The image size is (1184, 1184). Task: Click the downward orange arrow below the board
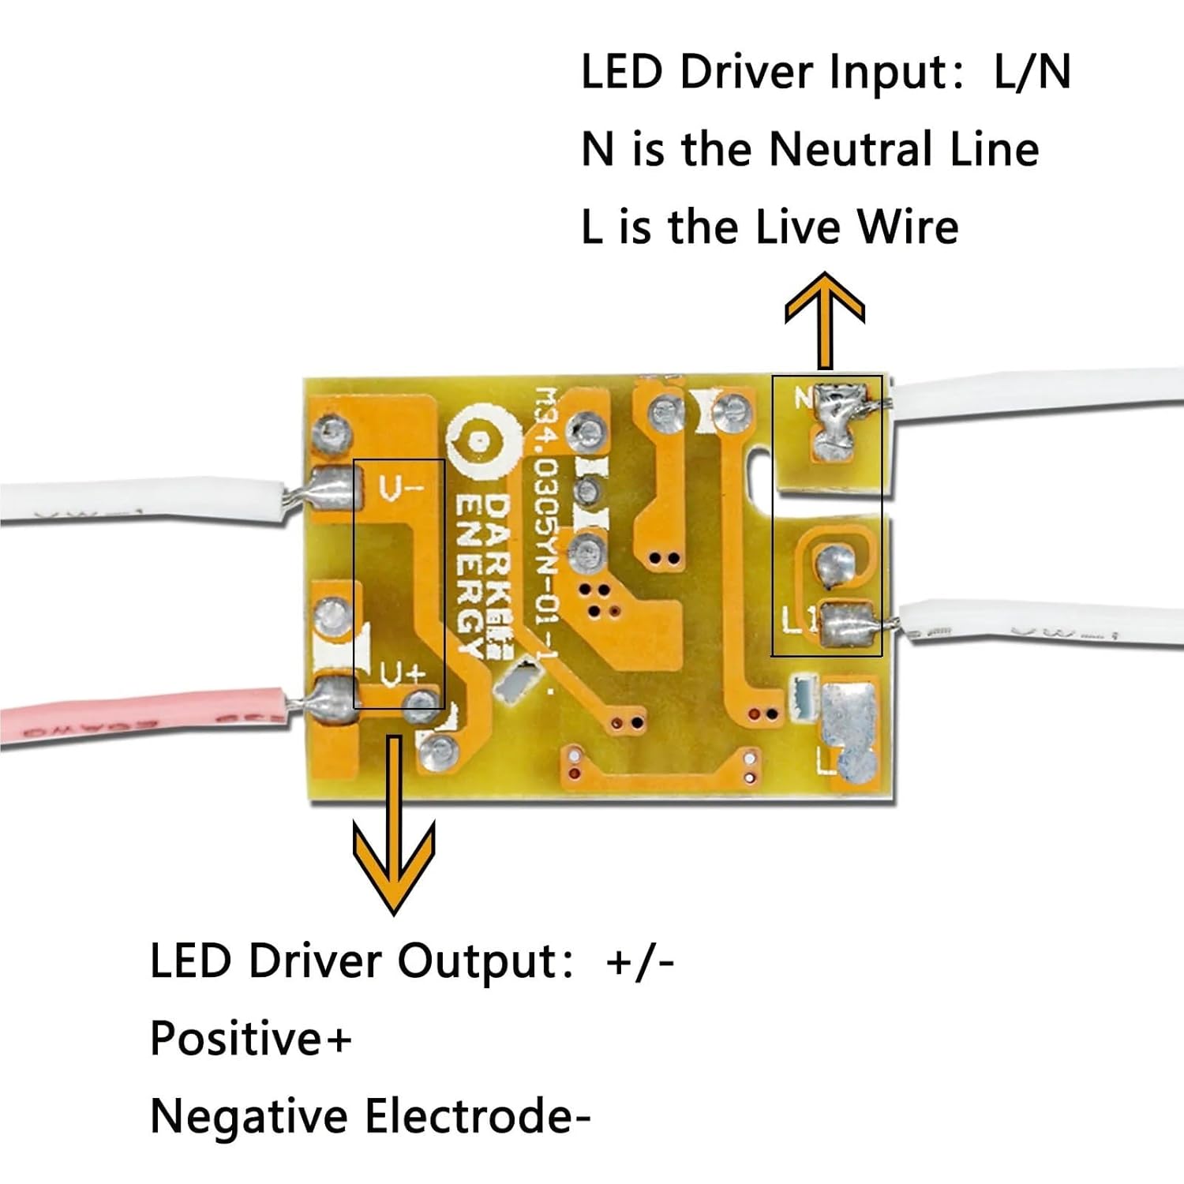tap(394, 837)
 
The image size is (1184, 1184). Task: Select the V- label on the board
tap(402, 489)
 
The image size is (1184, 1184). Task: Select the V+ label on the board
tap(403, 673)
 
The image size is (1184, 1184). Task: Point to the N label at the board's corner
tap(803, 399)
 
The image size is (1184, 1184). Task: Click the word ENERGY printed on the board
tap(471, 576)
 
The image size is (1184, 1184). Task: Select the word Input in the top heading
tap(896, 72)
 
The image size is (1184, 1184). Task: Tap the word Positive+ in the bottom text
tap(250, 1038)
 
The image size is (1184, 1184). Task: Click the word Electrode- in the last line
tap(478, 1117)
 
